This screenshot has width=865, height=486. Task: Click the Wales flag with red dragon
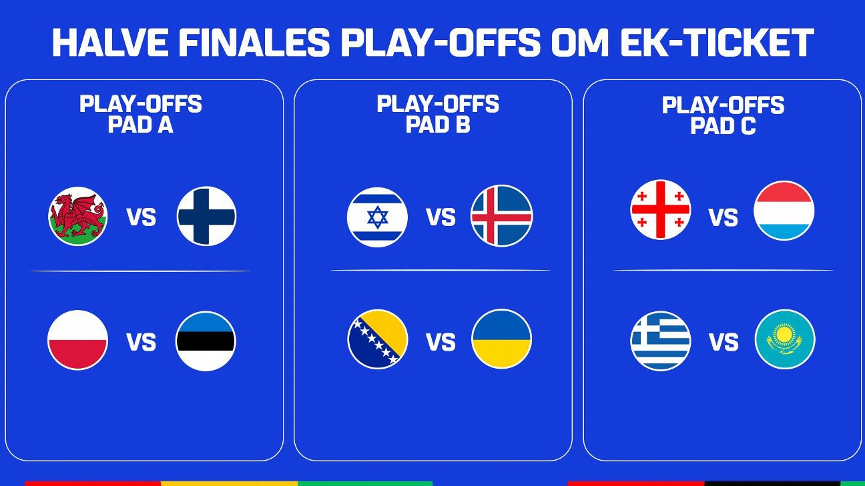[78, 216]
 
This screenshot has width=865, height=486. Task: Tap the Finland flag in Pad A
[206, 216]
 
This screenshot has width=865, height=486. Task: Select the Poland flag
[78, 340]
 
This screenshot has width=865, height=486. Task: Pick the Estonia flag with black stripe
[206, 341]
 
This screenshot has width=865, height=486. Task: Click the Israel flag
[377, 217]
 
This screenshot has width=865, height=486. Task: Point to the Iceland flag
[501, 216]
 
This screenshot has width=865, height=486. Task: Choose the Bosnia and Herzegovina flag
[377, 339]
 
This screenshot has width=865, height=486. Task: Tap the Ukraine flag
[501, 339]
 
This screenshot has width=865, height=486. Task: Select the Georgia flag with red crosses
[661, 209]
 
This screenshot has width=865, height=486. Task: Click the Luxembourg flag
[784, 211]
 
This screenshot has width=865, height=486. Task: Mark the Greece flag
[661, 341]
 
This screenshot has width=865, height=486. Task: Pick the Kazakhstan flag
[784, 339]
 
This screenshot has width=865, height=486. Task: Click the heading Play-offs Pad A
[140, 114]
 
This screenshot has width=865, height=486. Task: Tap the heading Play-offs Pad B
[438, 114]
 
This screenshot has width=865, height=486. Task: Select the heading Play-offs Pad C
[723, 115]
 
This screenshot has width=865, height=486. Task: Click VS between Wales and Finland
[141, 217]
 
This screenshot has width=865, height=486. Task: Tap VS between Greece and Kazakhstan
[724, 343]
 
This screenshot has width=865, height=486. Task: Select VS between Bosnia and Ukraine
[441, 343]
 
